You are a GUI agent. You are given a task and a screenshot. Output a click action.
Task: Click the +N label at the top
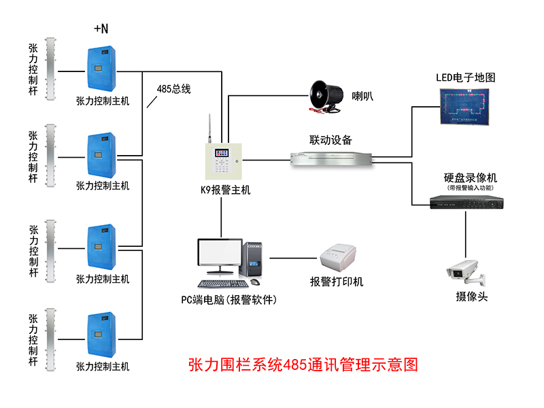click(x=101, y=29)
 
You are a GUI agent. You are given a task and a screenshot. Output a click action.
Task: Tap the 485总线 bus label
click(x=173, y=89)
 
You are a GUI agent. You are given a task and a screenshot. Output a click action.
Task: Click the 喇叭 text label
click(x=362, y=97)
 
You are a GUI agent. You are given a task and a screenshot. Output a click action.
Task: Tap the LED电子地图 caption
click(x=466, y=78)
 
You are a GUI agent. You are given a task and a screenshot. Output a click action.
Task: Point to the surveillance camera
click(x=465, y=271)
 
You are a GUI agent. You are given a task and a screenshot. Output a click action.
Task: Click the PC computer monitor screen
click(x=220, y=254)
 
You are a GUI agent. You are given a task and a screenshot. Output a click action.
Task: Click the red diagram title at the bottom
click(x=303, y=365)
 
